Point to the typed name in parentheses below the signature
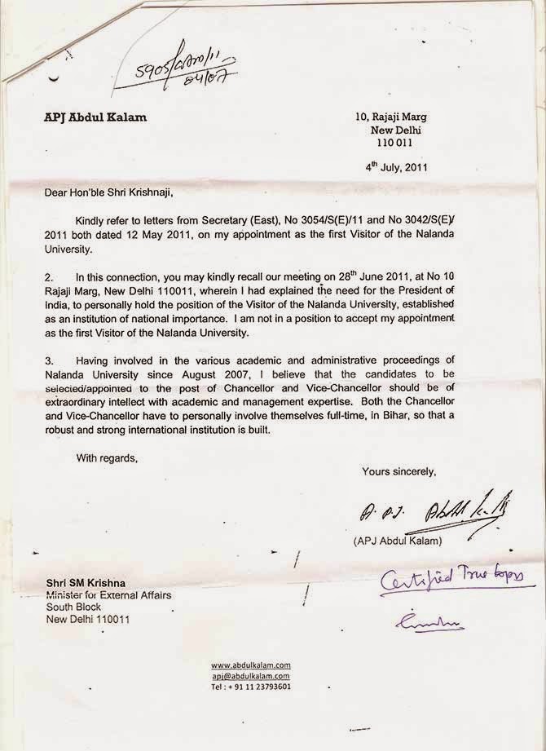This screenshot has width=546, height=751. coord(397,540)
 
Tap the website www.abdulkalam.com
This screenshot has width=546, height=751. coord(251,665)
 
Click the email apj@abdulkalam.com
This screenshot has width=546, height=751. coord(251,676)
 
